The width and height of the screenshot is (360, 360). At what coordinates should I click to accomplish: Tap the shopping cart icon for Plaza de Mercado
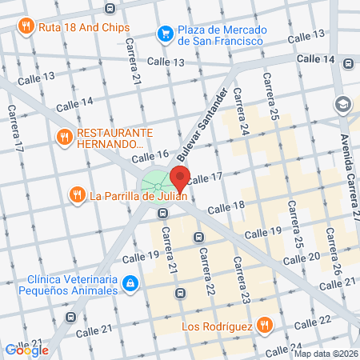tap(166, 33)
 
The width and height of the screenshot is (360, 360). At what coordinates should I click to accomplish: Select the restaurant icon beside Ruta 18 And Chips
tap(26, 26)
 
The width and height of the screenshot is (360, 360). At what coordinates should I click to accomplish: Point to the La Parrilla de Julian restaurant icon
tap(77, 194)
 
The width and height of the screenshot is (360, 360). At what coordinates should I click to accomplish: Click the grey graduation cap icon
tap(343, 105)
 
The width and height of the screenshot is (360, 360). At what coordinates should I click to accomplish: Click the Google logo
tap(26, 350)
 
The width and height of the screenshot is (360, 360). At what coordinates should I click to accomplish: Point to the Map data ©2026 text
tap(325, 354)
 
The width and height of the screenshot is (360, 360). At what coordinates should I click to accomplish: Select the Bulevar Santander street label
tap(209, 119)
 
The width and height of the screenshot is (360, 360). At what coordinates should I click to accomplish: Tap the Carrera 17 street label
tap(14, 129)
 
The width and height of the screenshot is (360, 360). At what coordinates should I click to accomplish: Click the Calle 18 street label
tap(226, 207)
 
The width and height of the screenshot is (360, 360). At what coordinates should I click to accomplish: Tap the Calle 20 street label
tap(303, 256)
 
